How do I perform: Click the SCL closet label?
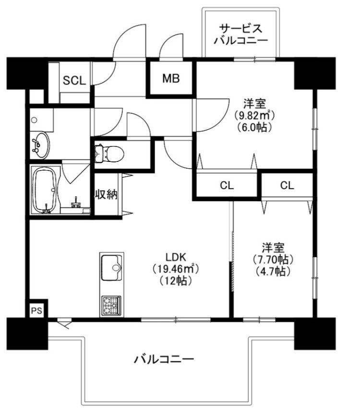click(x=74, y=80)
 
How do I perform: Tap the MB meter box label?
click(x=171, y=78)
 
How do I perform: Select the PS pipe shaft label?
click(x=36, y=310)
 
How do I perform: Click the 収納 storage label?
click(x=106, y=195)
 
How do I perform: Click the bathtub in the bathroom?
click(x=46, y=190)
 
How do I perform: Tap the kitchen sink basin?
click(x=111, y=268)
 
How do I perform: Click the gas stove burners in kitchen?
click(x=111, y=306)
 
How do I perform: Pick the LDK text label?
click(x=175, y=257)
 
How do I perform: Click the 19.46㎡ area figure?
click(x=176, y=269)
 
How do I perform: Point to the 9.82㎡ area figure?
click(x=254, y=115)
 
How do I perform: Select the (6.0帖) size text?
click(x=254, y=127)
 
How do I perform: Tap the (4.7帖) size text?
click(x=273, y=271)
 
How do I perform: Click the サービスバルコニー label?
click(x=241, y=34)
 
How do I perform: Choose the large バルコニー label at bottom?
click(x=164, y=360)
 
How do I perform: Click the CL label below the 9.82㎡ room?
click(x=227, y=185)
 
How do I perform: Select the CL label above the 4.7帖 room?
click(x=287, y=185)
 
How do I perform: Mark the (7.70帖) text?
click(x=273, y=259)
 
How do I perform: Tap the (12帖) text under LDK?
click(x=176, y=281)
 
